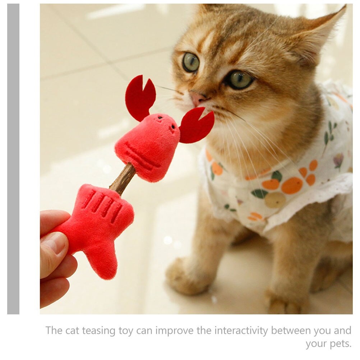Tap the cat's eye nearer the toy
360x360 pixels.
click(191, 62)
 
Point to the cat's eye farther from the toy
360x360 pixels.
click(240, 80)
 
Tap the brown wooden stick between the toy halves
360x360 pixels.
click(123, 179)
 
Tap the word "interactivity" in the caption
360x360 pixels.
click(241, 331)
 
